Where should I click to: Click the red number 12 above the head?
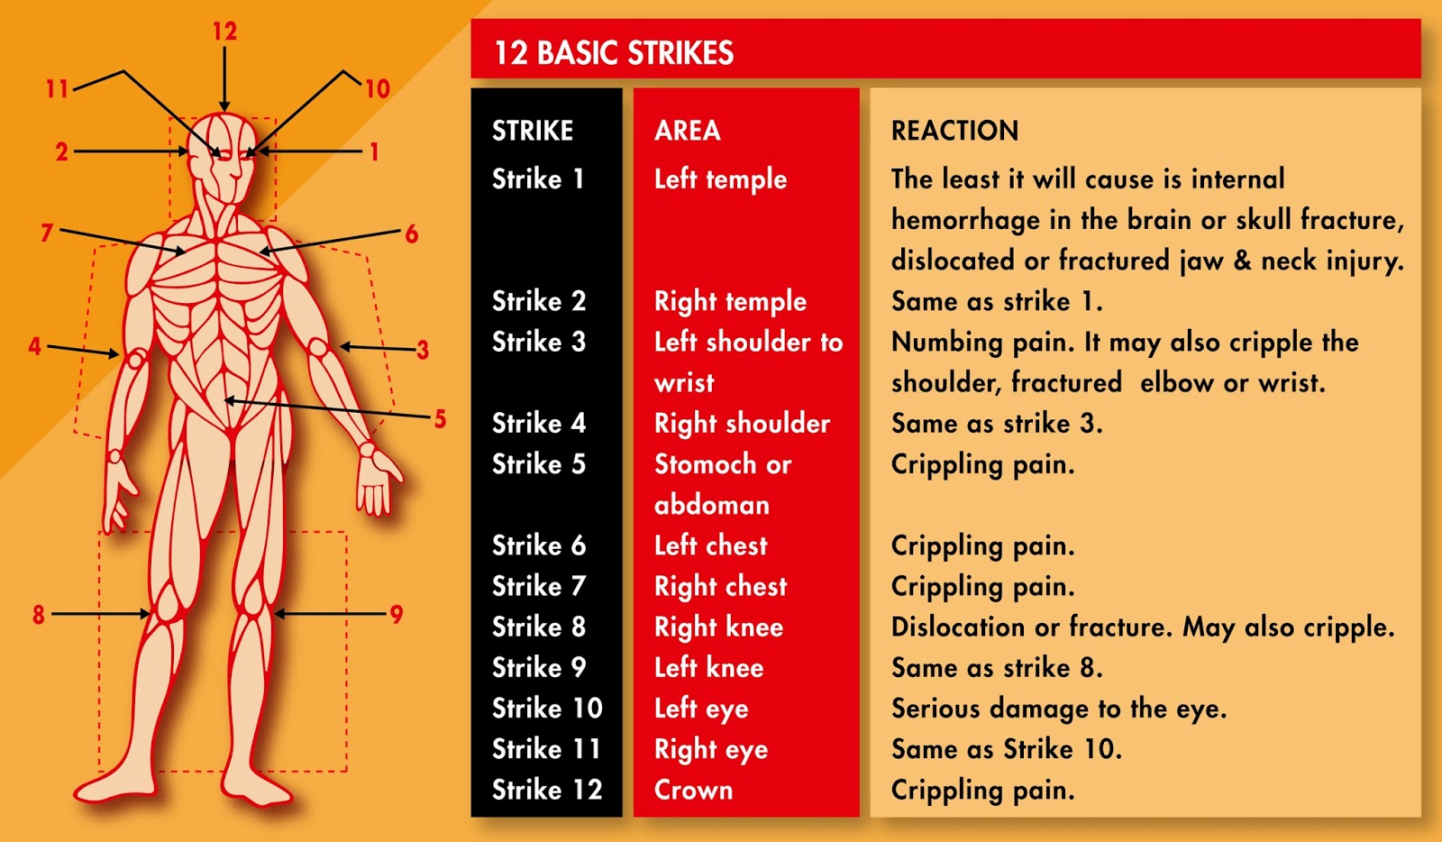224,32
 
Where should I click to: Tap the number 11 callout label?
57,88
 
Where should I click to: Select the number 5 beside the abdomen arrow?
440,418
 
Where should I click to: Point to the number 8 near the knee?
38,615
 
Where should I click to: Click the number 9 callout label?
396,615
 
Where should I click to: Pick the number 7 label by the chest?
47,233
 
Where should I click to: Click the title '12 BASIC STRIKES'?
614,53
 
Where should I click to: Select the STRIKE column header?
533,131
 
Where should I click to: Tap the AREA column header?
687,131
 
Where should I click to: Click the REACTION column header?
954,131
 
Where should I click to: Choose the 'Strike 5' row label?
538,464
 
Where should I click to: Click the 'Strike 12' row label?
546,790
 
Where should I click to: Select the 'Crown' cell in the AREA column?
693,790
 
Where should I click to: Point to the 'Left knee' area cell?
708,668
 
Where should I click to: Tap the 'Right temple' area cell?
730,301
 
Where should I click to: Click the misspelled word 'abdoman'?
711,505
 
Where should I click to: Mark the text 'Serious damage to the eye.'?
1058,709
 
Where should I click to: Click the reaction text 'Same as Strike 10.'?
1006,749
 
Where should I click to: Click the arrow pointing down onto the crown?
224,81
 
